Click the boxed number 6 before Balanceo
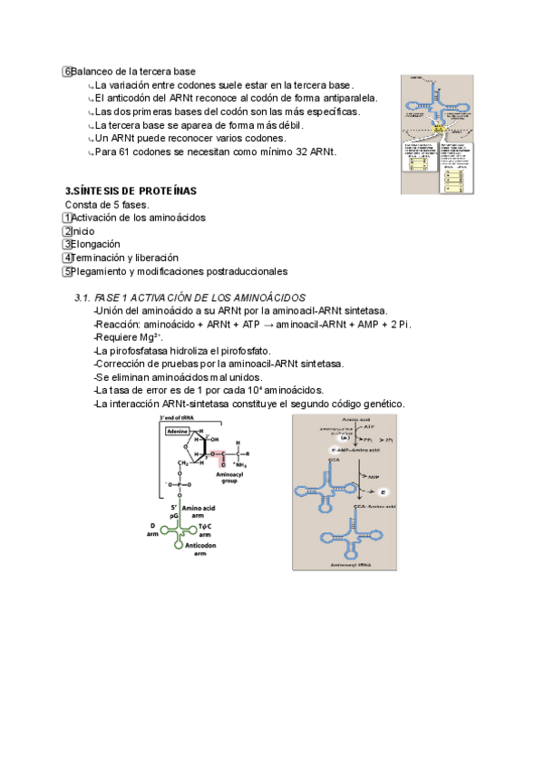tap(67, 72)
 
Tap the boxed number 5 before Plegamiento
tap(67, 271)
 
